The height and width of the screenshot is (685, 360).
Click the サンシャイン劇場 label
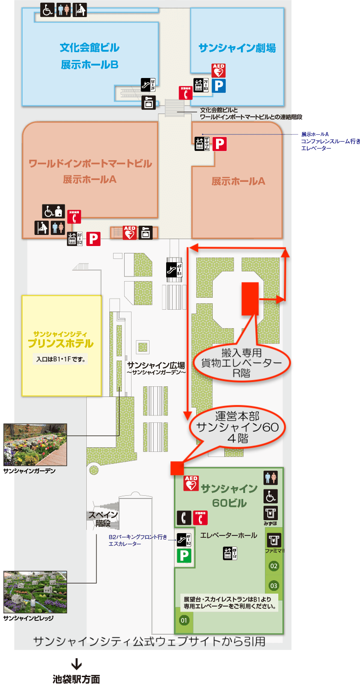click(237, 48)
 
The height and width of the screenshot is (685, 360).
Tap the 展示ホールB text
click(90, 65)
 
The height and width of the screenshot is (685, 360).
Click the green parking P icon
click(184, 555)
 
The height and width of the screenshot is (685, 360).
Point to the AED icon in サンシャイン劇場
click(218, 70)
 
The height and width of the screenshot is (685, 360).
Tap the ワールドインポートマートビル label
click(90, 163)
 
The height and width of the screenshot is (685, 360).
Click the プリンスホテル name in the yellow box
click(60, 343)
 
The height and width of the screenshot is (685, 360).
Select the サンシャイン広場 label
click(156, 364)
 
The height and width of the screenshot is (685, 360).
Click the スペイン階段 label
click(103, 519)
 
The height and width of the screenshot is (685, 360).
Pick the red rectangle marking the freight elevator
click(250, 299)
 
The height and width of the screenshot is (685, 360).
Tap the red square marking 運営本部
click(177, 468)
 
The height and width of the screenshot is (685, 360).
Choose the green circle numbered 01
click(184, 620)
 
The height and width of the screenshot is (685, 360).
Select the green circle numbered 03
click(274, 586)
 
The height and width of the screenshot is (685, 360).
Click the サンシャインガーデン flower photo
click(35, 445)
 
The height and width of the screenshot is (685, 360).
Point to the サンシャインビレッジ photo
click(35, 592)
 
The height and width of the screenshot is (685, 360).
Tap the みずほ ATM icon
click(270, 513)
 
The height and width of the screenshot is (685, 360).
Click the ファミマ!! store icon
click(274, 540)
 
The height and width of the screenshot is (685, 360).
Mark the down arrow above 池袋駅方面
click(77, 664)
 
